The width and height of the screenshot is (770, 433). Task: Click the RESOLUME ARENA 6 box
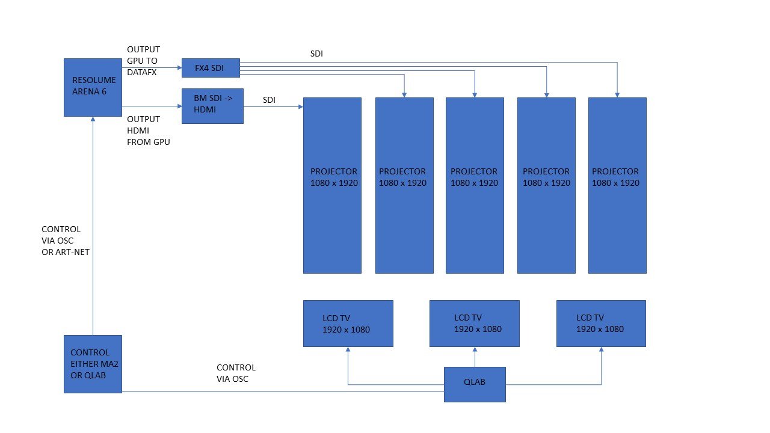pos(93,87)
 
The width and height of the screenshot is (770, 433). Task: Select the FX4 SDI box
pos(211,68)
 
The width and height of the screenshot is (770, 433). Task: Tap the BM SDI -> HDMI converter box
pos(212,106)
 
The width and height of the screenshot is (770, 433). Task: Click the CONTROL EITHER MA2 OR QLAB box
pos(93,364)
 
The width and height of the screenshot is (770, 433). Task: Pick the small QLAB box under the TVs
pos(475,384)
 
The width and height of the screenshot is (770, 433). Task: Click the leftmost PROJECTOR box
pos(332,185)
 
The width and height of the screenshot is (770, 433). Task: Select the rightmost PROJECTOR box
pos(617,185)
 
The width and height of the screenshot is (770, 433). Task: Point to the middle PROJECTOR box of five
pos(475,185)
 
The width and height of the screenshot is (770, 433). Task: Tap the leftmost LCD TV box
pos(348,324)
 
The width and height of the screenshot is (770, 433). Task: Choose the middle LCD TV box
pos(475,324)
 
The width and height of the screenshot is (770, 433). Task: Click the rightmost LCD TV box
pos(601,324)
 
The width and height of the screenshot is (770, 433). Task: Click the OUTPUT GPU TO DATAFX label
pos(143,60)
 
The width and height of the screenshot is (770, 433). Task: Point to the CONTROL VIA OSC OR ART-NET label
pos(66,241)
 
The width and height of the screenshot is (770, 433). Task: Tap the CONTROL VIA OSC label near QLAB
pos(236,373)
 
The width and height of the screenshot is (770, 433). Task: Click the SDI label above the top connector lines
pos(316,54)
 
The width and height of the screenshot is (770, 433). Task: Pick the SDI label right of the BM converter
pos(269,100)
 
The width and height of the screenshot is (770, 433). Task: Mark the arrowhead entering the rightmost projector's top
pos(617,94)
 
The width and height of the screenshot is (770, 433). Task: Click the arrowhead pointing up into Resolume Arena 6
pos(93,120)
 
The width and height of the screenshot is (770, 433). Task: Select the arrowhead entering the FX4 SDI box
pos(179,68)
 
